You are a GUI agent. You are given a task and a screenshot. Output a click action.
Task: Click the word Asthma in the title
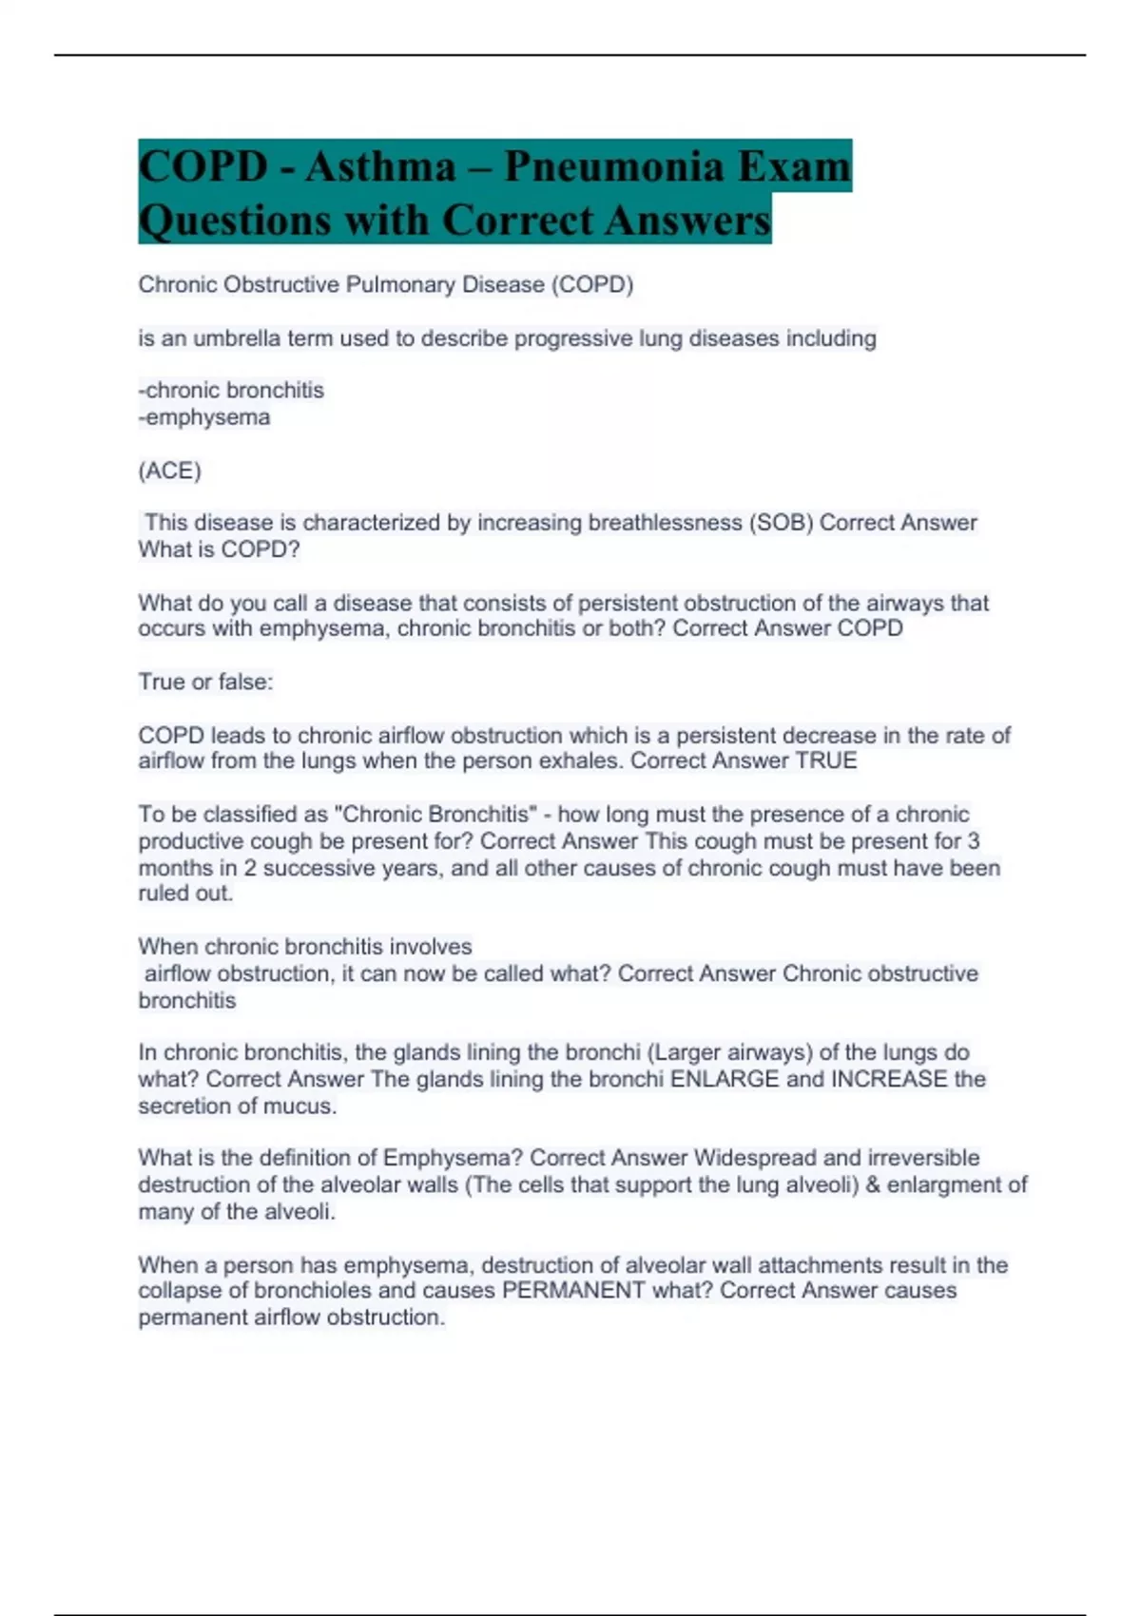pos(380,167)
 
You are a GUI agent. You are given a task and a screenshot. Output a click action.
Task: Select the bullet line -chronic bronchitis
pos(231,391)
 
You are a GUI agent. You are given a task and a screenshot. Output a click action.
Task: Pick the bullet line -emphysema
pos(204,417)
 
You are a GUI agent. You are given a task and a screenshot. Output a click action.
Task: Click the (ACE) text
pos(169,471)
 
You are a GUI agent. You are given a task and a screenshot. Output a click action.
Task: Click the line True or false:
pos(205,683)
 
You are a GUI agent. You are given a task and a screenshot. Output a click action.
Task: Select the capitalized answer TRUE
pos(826,761)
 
